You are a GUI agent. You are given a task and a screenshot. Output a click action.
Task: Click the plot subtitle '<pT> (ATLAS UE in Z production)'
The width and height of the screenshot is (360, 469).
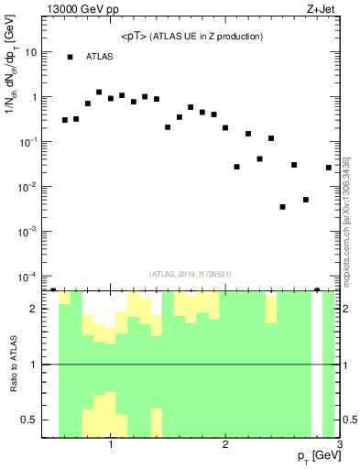pyautogui.click(x=191, y=37)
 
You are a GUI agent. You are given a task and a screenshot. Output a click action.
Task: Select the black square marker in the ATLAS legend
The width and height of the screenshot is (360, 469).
pyautogui.click(x=70, y=57)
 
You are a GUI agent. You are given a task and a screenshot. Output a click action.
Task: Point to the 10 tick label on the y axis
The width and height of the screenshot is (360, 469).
pyautogui.click(x=30, y=52)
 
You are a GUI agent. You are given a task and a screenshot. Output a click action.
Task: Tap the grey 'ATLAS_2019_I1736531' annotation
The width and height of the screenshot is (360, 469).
pyautogui.click(x=191, y=273)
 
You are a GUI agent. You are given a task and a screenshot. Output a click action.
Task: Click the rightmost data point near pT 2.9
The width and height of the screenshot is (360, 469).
pyautogui.click(x=329, y=168)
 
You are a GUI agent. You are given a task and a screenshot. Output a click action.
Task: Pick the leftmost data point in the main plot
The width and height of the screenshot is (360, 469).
pyautogui.click(x=65, y=120)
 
